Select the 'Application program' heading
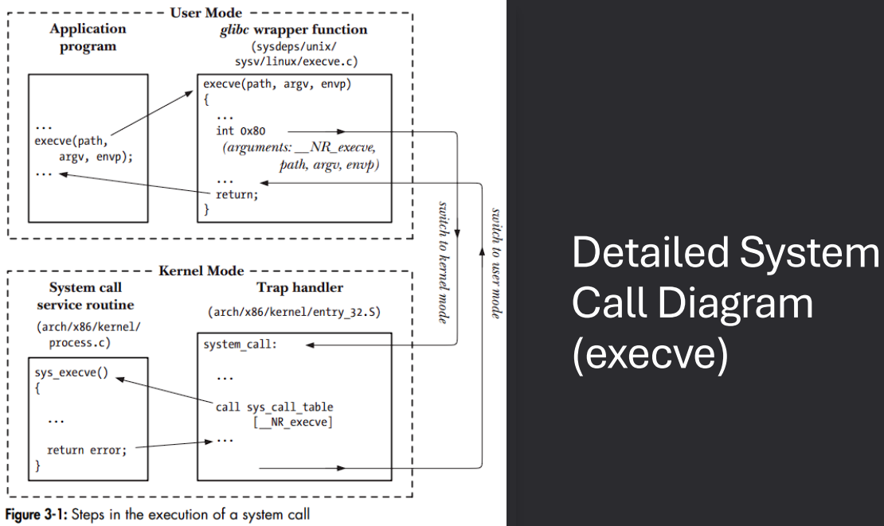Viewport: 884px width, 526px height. point(88,37)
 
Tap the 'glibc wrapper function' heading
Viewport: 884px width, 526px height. point(294,29)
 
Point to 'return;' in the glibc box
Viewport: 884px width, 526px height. point(237,195)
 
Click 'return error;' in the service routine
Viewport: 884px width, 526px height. point(87,450)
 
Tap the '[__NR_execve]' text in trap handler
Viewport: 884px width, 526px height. point(291,422)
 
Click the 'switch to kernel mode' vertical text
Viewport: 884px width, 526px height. point(443,262)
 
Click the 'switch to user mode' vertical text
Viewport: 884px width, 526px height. point(495,263)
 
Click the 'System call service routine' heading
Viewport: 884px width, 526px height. point(87,296)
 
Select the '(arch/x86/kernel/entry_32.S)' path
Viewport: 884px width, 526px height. point(295,313)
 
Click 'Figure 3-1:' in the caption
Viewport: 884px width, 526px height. point(37,514)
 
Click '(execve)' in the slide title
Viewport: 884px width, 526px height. point(650,355)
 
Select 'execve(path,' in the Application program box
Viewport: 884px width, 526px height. point(71,142)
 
